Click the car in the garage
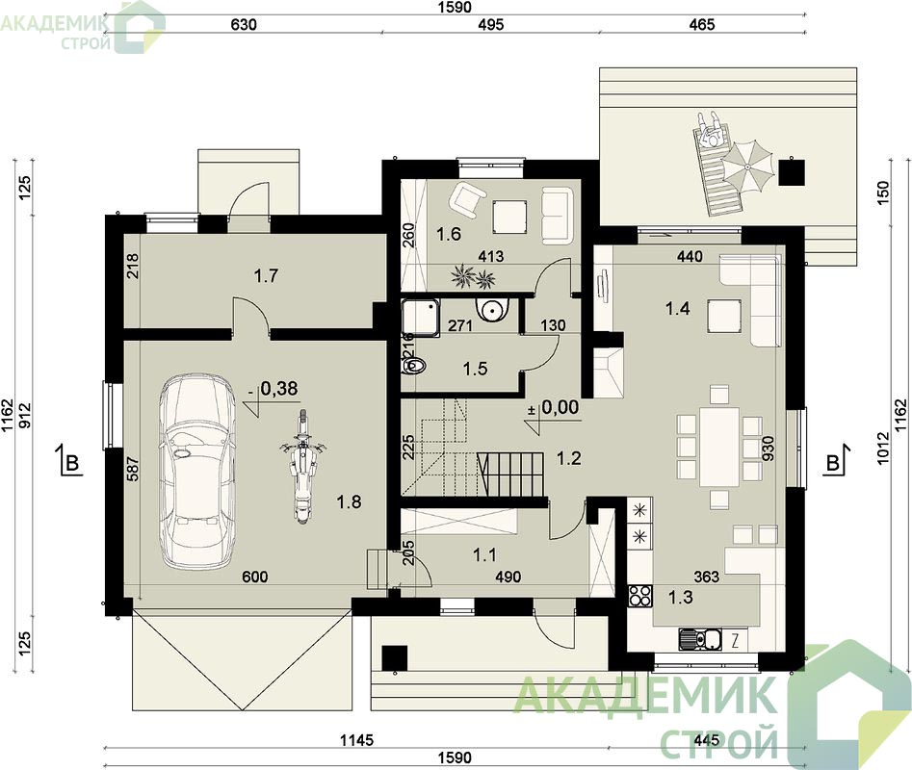[x=197, y=472]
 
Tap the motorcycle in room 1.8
[x=301, y=466]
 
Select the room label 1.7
[x=267, y=275]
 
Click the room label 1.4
[x=678, y=308]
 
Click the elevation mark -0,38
[x=274, y=388]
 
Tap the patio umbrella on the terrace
[x=748, y=165]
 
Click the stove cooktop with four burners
[x=640, y=596]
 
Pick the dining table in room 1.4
[x=719, y=447]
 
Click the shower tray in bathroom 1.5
[x=421, y=318]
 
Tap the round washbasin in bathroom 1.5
[x=492, y=309]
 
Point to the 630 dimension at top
[x=244, y=24]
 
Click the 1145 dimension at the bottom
[x=356, y=740]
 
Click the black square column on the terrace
[x=793, y=172]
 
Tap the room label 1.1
[x=484, y=555]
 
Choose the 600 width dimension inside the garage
[x=255, y=577]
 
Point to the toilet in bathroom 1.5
[x=414, y=366]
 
